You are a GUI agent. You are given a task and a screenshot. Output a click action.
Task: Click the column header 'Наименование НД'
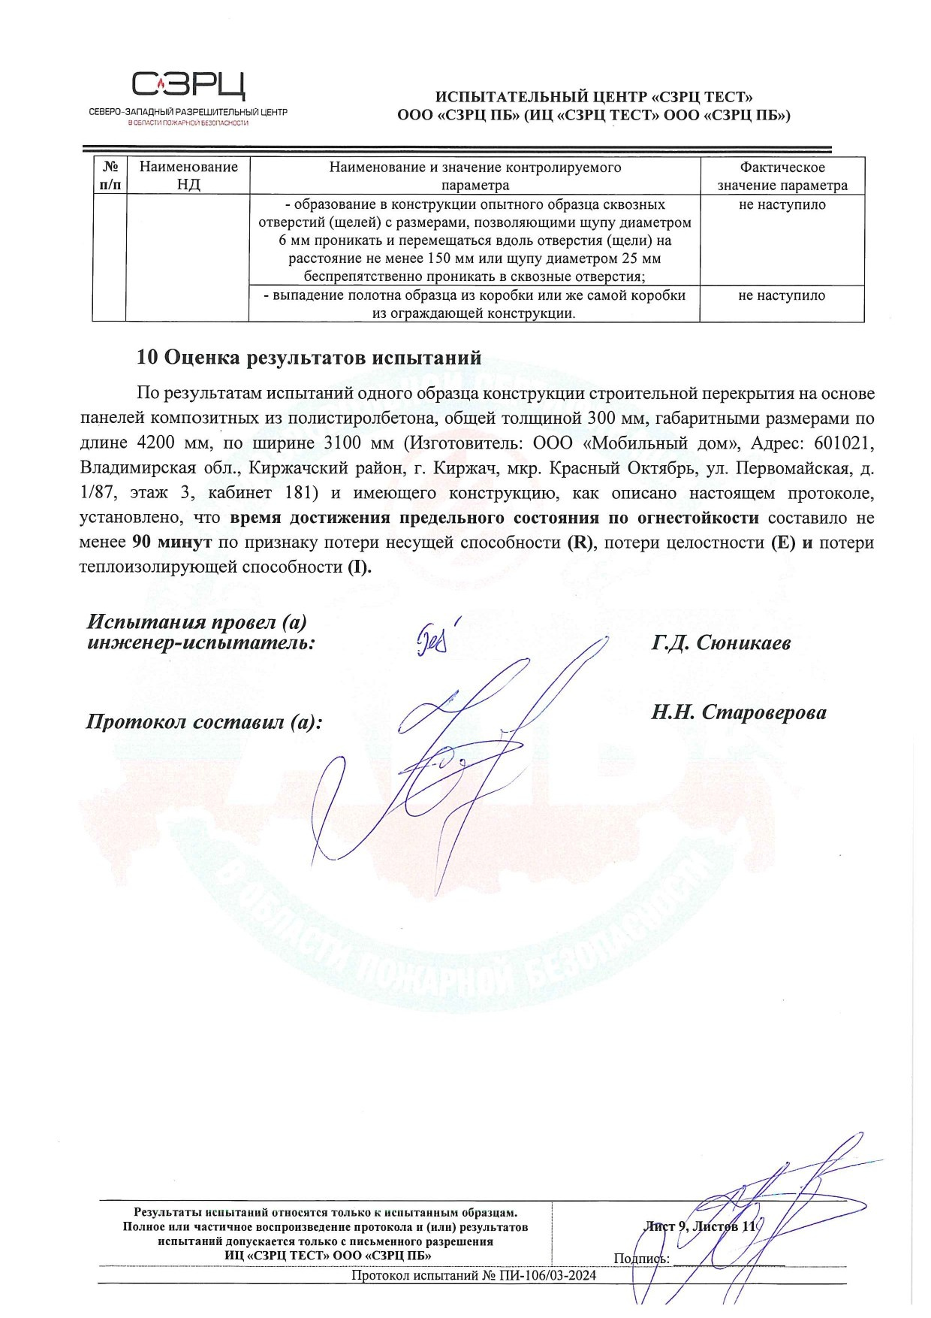click(x=188, y=176)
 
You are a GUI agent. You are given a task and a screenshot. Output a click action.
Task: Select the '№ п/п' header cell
click(x=110, y=176)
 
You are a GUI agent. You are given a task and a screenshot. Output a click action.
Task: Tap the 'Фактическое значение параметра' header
click(x=782, y=176)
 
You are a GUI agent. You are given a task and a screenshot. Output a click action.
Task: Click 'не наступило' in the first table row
click(x=782, y=205)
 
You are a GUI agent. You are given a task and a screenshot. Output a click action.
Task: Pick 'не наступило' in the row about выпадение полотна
click(x=782, y=296)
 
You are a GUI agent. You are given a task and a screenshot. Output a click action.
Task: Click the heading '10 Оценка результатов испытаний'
click(x=309, y=358)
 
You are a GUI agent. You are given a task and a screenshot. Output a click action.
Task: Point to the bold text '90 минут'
click(x=171, y=543)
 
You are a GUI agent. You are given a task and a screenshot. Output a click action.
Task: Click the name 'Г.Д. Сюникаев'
click(x=721, y=643)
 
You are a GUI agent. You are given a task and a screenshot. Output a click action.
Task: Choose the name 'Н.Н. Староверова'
click(x=739, y=712)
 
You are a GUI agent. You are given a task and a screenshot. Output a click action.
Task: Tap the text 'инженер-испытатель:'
click(x=200, y=644)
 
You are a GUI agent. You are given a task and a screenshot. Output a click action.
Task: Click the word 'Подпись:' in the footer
click(x=640, y=1259)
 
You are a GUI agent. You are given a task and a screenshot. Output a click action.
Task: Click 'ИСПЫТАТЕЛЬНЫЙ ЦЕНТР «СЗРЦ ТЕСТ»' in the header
click(x=594, y=97)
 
